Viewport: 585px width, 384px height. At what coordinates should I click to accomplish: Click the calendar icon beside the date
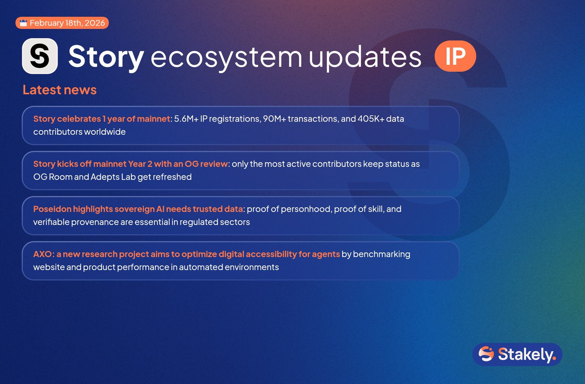(x=23, y=23)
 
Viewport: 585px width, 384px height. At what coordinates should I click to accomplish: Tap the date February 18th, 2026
(x=67, y=23)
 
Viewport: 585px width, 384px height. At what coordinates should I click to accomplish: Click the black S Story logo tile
(x=40, y=56)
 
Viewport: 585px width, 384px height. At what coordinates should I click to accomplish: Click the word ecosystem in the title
(x=226, y=57)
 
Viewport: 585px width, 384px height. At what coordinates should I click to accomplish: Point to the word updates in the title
(x=365, y=57)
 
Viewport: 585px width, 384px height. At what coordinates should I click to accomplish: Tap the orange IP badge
(x=455, y=56)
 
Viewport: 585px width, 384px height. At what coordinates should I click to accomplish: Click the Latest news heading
(x=60, y=90)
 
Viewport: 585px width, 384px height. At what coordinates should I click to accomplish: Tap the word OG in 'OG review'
(x=192, y=164)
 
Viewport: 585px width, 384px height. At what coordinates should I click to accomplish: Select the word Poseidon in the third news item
(x=52, y=209)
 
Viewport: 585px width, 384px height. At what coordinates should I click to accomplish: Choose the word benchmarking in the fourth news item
(x=382, y=254)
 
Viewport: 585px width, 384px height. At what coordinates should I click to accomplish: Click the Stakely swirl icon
(x=486, y=354)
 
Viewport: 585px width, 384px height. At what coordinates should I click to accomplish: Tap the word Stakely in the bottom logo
(x=527, y=355)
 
